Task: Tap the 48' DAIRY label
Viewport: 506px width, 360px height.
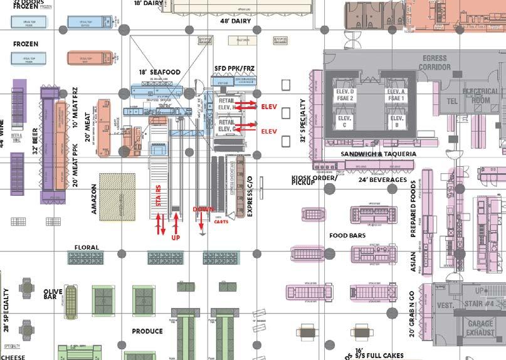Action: [x=235, y=21]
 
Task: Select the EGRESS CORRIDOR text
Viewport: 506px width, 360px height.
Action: [x=434, y=62]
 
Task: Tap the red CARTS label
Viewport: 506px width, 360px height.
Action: [x=221, y=221]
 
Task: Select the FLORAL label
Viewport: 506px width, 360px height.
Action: [x=87, y=248]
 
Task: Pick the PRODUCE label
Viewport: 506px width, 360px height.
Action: [x=147, y=331]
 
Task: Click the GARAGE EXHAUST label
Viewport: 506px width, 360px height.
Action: [x=481, y=329]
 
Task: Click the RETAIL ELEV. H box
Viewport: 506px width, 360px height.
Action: [x=226, y=104]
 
